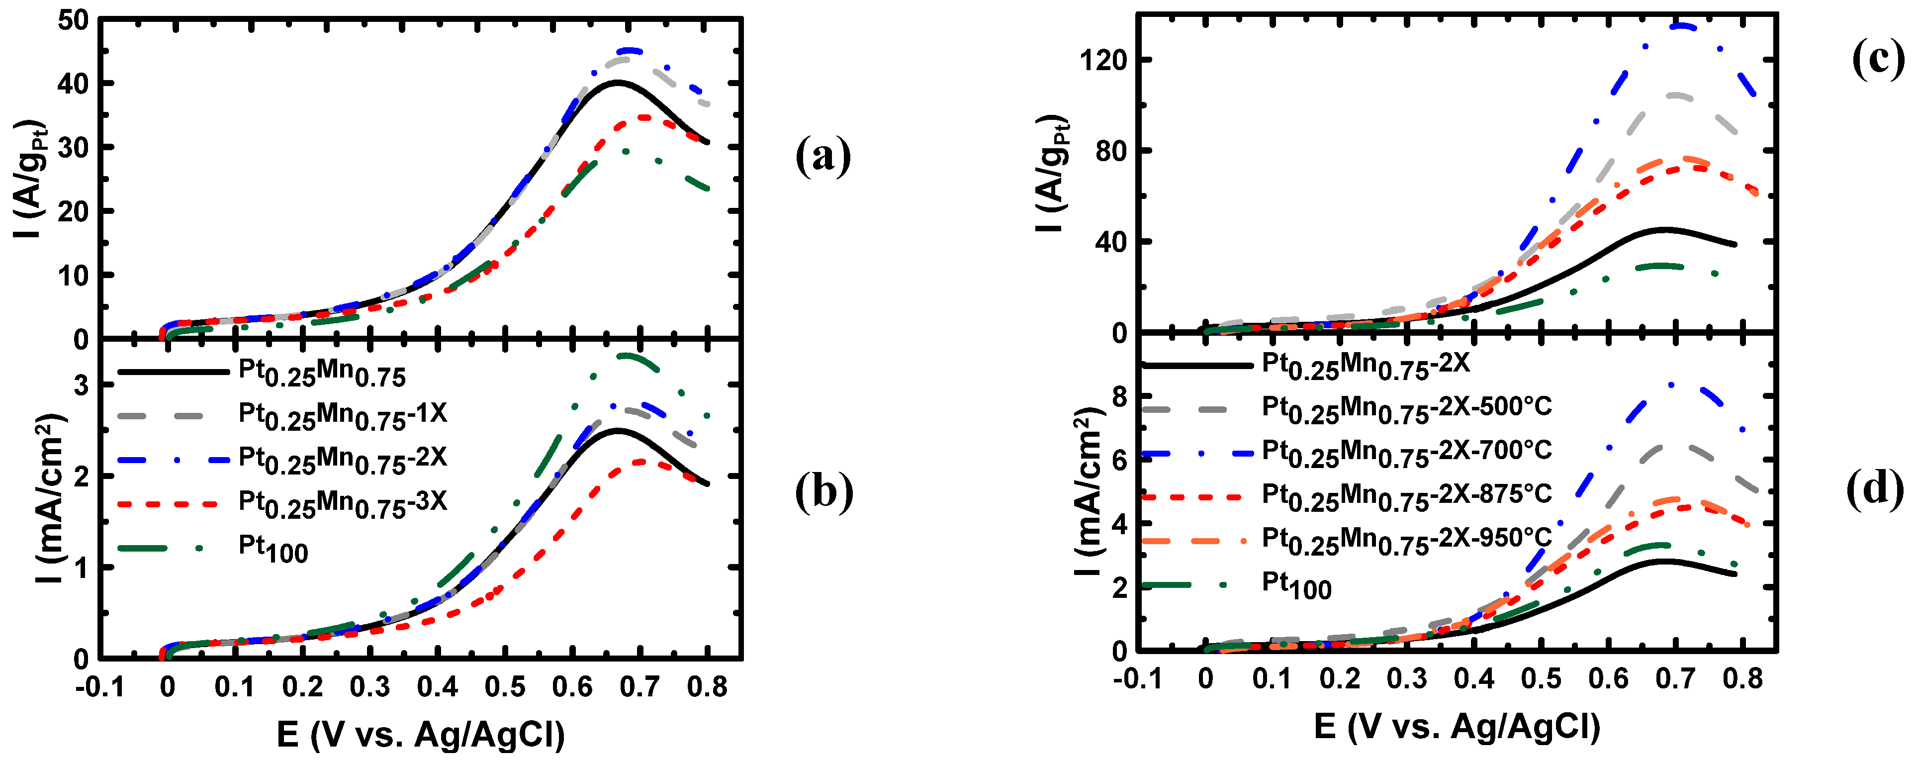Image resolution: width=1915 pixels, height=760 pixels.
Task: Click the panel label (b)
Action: click(x=823, y=491)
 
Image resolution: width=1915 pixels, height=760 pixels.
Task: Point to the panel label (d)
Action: click(x=1875, y=490)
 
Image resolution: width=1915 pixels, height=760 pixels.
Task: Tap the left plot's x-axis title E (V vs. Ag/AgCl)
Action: click(x=421, y=735)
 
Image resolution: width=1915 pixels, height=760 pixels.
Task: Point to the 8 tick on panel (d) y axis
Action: click(x=1120, y=396)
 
